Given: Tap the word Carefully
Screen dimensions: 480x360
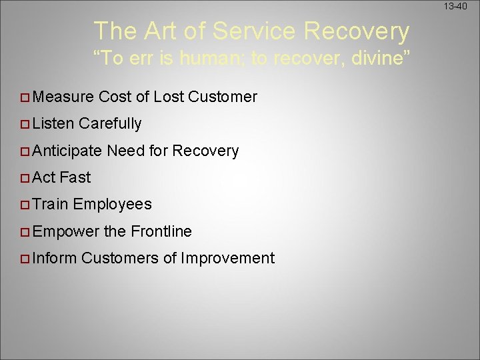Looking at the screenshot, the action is [110, 124].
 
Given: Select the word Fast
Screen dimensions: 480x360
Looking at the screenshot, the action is [75, 178].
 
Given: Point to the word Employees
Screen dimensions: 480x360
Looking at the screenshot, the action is [113, 205].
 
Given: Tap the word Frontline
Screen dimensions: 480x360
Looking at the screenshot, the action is [161, 232].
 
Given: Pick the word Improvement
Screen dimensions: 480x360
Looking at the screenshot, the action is [227, 259].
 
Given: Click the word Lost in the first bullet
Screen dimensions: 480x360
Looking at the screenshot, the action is [169, 97].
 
